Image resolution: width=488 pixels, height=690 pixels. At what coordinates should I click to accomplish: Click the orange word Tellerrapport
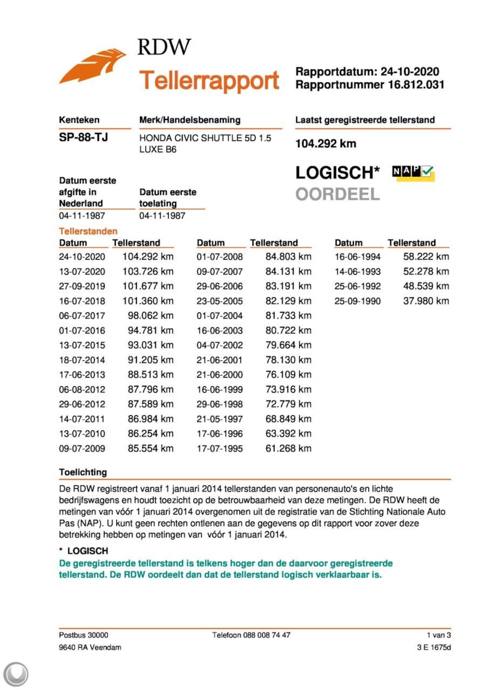209,80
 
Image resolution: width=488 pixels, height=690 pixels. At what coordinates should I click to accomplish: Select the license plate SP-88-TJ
83,137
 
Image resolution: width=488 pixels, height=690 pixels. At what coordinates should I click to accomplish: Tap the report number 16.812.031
416,85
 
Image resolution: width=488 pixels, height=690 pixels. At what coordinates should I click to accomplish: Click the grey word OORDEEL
337,194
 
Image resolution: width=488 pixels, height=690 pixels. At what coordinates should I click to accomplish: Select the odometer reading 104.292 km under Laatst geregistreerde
326,144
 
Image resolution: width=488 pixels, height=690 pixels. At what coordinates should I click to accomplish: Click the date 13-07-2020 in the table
82,272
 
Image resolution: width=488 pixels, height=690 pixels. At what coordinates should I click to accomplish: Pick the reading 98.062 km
150,316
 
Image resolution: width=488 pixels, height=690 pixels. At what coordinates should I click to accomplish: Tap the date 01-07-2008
220,257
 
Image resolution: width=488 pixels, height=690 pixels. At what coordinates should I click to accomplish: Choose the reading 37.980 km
426,301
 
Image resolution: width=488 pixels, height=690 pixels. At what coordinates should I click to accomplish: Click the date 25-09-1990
358,301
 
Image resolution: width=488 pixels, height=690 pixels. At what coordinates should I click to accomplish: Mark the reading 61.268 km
288,449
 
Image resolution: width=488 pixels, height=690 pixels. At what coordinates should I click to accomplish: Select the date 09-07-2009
82,449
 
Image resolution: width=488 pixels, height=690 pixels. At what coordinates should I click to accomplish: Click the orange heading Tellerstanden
88,231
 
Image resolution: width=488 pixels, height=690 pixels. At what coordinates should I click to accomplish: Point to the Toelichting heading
83,472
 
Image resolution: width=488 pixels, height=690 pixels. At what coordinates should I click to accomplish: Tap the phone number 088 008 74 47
266,635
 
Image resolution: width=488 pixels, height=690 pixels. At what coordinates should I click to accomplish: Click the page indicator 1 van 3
438,635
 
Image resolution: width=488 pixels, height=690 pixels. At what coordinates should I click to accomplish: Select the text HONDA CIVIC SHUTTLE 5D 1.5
205,138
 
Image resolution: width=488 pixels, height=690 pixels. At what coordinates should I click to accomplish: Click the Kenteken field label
79,120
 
